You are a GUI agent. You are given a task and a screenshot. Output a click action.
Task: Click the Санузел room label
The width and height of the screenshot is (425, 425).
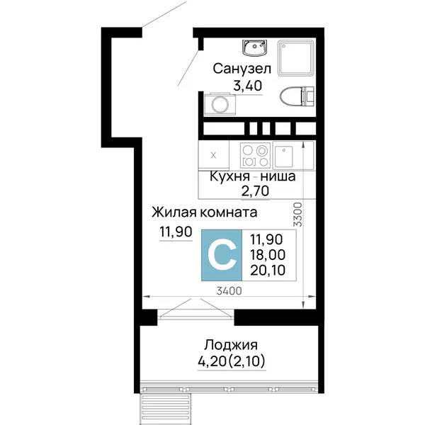[x=242, y=69]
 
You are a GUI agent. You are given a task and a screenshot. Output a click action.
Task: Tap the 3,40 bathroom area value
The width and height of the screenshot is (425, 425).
[x=248, y=86]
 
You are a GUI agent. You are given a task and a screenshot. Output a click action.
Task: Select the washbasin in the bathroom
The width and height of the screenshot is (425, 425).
[x=254, y=48]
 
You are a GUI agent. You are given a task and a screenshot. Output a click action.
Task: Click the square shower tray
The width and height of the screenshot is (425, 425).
[x=296, y=57]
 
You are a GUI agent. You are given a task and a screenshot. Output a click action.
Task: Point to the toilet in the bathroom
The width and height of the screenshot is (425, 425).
[x=297, y=96]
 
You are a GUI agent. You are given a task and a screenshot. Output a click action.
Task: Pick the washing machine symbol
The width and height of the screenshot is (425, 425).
[x=220, y=104]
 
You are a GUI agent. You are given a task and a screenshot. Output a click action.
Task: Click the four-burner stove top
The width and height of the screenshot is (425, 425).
[x=255, y=155]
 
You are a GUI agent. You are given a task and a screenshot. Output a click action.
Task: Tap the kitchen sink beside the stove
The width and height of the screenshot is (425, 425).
[x=283, y=157]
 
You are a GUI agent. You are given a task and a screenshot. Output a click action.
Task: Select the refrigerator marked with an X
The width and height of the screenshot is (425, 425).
[x=214, y=156]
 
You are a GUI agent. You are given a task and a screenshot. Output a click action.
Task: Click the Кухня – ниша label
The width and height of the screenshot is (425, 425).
[x=253, y=176]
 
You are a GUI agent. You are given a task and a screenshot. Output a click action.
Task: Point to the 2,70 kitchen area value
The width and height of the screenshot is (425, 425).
[x=255, y=191]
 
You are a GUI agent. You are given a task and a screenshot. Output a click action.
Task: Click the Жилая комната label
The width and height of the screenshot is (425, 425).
[x=205, y=212]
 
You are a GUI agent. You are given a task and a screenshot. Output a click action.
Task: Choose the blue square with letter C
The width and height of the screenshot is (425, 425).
[x=222, y=255]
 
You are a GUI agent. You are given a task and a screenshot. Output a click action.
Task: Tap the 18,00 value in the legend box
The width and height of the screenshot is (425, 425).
[x=268, y=255]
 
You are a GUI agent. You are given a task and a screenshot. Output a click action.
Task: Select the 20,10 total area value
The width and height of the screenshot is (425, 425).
[x=268, y=270]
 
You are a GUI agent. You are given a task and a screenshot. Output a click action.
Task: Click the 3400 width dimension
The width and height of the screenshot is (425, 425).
[x=229, y=291]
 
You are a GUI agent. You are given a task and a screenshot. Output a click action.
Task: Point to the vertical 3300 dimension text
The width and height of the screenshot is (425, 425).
[x=297, y=215]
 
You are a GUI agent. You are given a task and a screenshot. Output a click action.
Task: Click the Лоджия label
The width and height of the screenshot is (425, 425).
[x=231, y=346]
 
